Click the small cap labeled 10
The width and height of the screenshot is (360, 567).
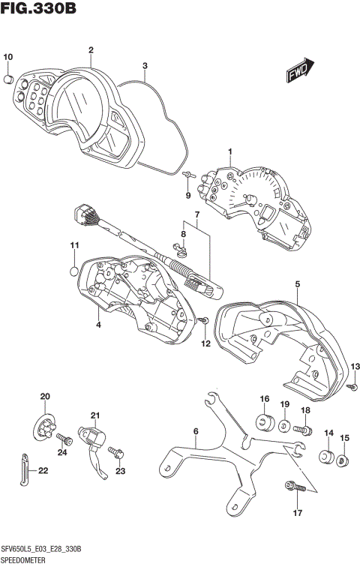click(8, 77)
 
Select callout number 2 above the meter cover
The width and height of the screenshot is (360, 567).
click(90, 51)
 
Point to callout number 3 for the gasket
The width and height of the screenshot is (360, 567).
click(145, 65)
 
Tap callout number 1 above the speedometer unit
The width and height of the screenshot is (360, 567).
click(230, 153)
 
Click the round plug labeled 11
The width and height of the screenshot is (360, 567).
click(74, 271)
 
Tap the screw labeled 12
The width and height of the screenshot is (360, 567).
click(203, 321)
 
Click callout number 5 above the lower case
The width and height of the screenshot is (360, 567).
click(297, 284)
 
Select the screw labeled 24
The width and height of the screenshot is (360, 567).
click(63, 439)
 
